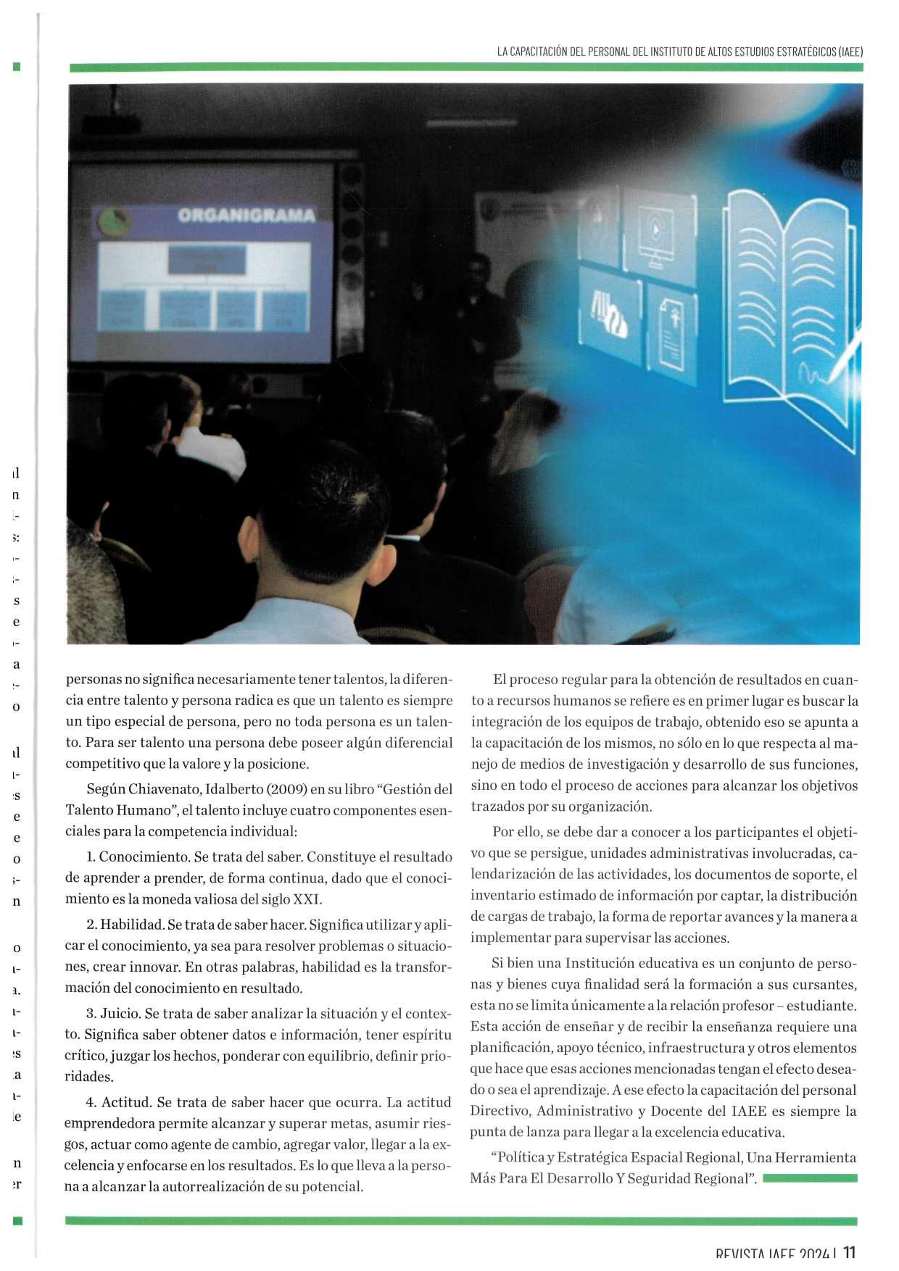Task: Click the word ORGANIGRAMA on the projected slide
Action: click(246, 215)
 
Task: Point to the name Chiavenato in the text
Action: click(160, 789)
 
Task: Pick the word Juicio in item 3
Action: click(120, 1014)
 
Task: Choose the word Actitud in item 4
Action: click(126, 1103)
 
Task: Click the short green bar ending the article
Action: click(810, 1179)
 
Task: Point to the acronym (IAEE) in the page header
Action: click(850, 52)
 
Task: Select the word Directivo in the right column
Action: click(500, 1112)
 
